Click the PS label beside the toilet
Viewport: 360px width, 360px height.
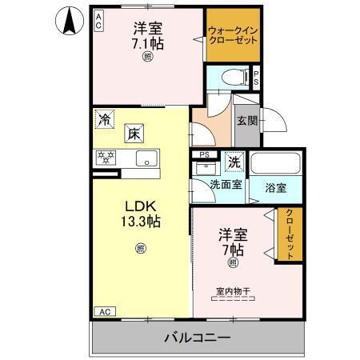256,78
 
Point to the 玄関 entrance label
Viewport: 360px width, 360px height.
247,122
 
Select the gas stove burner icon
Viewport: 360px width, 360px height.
106,158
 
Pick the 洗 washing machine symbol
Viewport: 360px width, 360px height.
234,161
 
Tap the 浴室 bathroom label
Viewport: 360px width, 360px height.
275,188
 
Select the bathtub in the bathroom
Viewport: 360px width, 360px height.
274,163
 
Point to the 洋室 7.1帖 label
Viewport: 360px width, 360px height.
148,36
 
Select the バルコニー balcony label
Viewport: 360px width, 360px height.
198,338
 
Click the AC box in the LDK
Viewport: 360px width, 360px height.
104,311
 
